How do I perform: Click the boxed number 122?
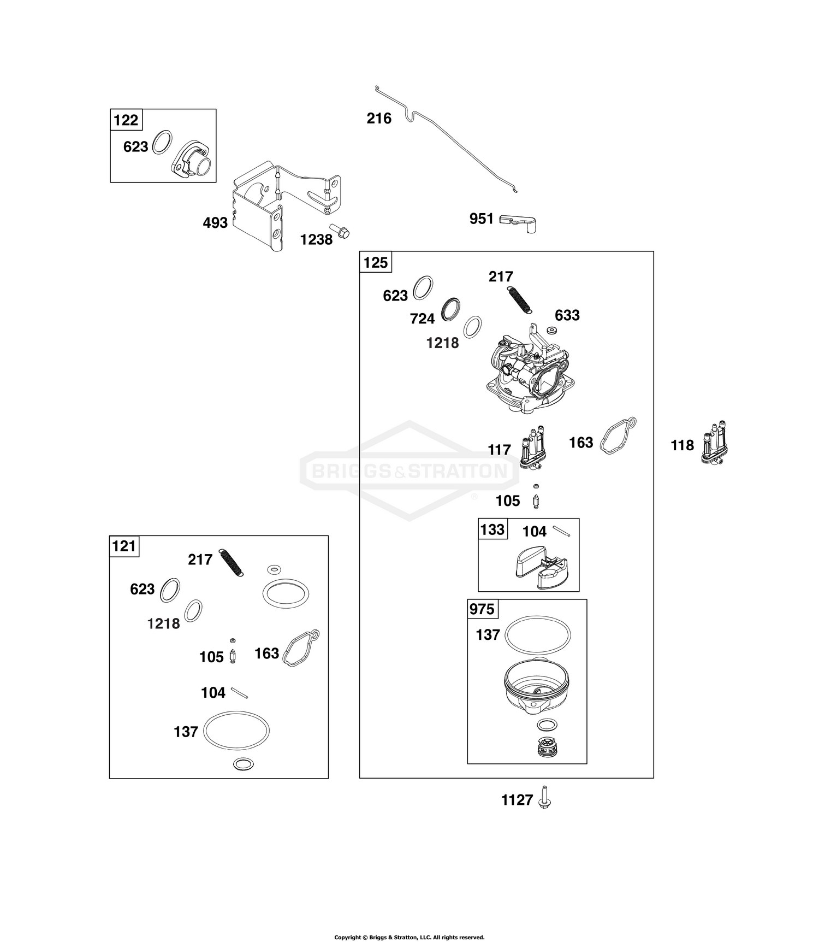click(x=126, y=120)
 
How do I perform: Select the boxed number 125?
click(x=376, y=263)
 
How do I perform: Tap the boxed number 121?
click(x=124, y=546)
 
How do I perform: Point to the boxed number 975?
click(x=482, y=609)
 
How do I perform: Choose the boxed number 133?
click(x=492, y=529)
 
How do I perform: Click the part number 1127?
click(x=517, y=800)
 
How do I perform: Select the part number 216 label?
click(x=379, y=119)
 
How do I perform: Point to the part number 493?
click(x=215, y=223)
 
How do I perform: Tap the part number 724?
click(x=422, y=319)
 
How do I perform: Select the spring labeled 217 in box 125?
click(x=520, y=299)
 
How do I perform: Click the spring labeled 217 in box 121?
click(x=232, y=562)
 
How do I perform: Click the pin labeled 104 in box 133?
click(x=561, y=529)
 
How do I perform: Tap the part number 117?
click(x=499, y=450)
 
